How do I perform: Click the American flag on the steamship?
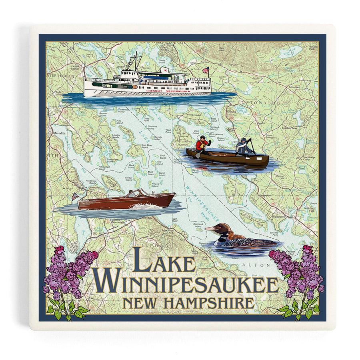206,70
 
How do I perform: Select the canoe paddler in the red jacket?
202,144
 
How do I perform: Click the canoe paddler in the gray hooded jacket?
243,146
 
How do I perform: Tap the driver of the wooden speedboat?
131,194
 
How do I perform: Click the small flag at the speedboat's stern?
74,197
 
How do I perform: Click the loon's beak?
210,229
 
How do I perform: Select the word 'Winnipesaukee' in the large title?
186,284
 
